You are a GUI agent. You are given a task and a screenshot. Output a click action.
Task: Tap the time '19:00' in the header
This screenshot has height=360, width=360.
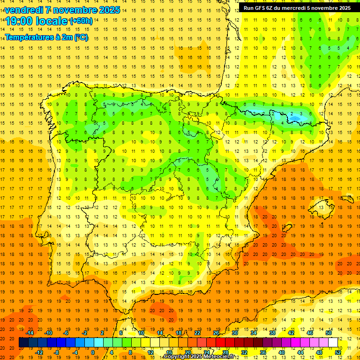(20, 21)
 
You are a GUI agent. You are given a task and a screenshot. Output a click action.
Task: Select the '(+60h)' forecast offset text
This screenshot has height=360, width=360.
(81, 21)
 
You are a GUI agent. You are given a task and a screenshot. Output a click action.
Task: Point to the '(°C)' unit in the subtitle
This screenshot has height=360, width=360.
(80, 37)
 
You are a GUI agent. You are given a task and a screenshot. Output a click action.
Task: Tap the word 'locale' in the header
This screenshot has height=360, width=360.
(52, 21)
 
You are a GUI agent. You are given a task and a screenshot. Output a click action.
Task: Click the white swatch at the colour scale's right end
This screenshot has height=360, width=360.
(333, 343)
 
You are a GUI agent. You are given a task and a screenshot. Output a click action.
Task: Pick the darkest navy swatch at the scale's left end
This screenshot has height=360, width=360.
(23, 343)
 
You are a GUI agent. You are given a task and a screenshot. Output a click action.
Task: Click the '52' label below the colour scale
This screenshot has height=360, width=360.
(338, 352)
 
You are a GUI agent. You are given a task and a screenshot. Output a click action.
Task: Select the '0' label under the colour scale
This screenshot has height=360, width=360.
(93, 352)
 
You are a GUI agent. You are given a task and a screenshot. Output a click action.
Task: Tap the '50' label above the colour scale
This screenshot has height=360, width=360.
(329, 332)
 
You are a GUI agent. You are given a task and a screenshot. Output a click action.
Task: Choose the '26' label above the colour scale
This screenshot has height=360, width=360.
(216, 332)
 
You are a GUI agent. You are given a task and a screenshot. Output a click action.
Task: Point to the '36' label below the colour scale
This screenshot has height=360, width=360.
(263, 352)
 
